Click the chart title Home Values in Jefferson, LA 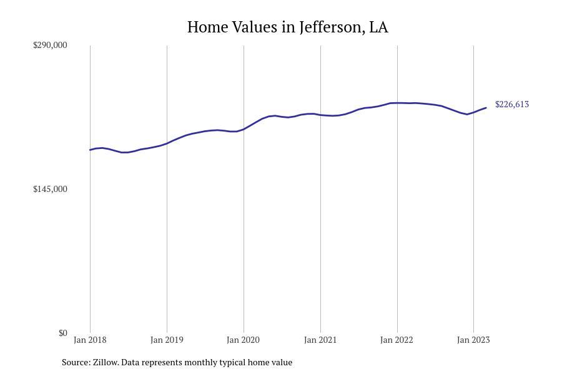point(287,27)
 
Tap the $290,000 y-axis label point(50,45)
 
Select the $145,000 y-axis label point(50,189)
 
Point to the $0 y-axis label point(62,333)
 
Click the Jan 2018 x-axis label point(90,340)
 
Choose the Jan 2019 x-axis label point(167,340)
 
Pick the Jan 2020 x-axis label point(244,340)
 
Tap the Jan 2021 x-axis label point(320,340)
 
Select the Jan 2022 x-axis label point(397,340)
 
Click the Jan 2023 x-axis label point(473,340)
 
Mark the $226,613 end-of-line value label point(511,104)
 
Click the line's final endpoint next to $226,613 point(486,108)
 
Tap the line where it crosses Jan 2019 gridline point(167,143)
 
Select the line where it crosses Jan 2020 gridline point(244,129)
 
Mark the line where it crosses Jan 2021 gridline point(320,115)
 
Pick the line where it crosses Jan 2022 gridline point(397,103)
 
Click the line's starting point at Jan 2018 point(90,150)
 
